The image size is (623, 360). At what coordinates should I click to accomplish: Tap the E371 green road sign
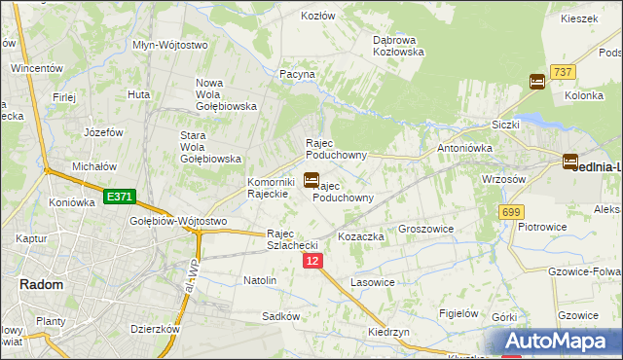(119, 198)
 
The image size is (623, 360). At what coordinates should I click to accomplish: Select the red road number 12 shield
(311, 262)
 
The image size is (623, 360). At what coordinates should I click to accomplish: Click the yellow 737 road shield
(562, 72)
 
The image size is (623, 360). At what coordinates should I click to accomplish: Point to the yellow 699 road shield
(511, 212)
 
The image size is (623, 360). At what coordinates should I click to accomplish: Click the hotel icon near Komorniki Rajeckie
(311, 180)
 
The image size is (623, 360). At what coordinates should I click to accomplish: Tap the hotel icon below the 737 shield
(536, 83)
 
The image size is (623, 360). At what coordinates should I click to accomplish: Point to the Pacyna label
(297, 74)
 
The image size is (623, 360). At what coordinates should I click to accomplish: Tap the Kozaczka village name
(361, 237)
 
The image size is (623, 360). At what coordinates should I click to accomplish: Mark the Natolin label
(260, 280)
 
